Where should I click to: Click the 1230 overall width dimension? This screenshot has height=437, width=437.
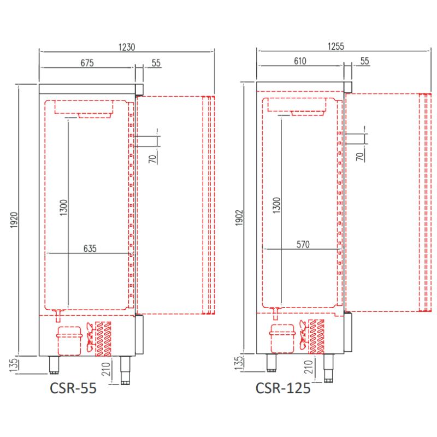(x=127, y=47)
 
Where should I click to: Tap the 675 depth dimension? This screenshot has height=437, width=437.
(x=87, y=63)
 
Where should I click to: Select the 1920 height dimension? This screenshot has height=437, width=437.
(x=14, y=220)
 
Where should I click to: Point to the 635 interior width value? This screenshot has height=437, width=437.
(x=90, y=249)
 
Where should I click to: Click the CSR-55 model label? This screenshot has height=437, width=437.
(x=73, y=388)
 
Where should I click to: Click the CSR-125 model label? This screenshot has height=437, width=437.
(x=283, y=388)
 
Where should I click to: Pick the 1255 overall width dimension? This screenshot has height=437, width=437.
(x=336, y=46)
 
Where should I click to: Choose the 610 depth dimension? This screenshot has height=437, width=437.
(x=300, y=61)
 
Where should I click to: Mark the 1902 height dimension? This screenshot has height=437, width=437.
(x=239, y=217)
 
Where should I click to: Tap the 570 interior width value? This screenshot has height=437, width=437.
(x=303, y=244)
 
